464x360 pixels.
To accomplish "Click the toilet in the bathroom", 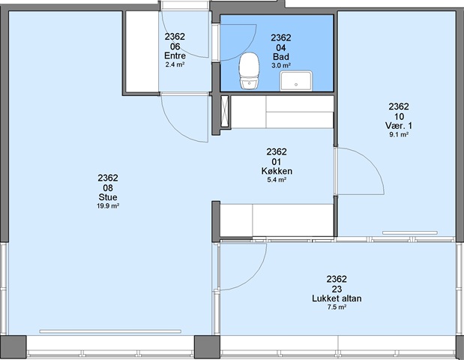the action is [249, 70].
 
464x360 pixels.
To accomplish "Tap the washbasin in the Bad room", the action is [296, 80].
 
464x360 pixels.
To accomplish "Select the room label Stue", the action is [108, 197].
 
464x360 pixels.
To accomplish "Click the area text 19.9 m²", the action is [108, 205].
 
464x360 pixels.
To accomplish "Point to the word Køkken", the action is [277, 171].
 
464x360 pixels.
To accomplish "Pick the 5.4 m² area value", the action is [277, 180].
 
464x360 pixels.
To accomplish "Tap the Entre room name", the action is [175, 56].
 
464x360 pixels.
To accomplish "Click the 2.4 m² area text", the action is [175, 64].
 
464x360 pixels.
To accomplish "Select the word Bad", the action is [281, 57].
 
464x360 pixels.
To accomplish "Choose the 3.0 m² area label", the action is [281, 65].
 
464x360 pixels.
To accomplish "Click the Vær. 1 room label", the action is [399, 126].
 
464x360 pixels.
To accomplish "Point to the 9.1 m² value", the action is [399, 135].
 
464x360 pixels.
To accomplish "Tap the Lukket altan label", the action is [337, 298].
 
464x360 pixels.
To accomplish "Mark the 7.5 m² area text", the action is [337, 307].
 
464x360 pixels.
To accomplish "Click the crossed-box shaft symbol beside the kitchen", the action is [225, 112].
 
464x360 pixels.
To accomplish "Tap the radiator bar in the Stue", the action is [110, 331].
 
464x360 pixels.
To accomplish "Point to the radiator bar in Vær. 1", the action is [410, 232].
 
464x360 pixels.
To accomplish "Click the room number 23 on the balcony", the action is [337, 289].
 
